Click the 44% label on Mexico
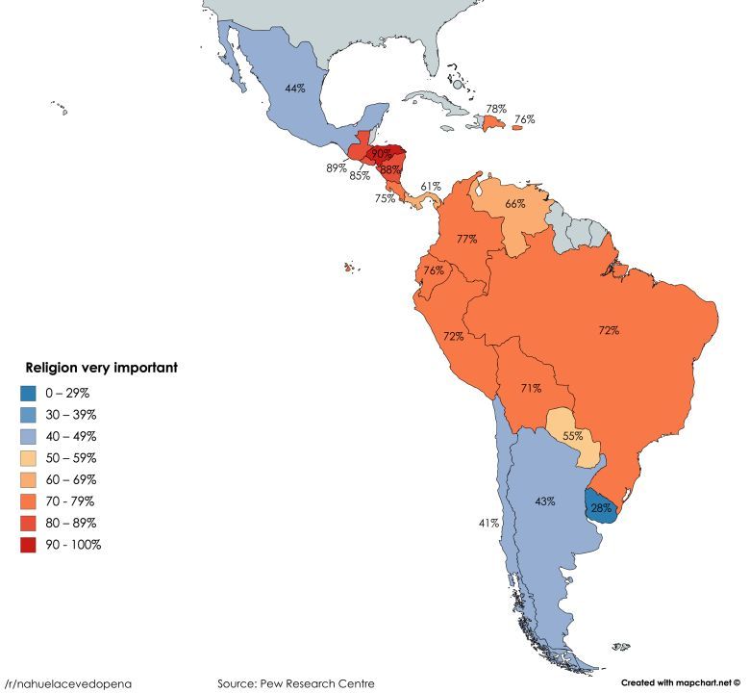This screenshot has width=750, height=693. [294, 88]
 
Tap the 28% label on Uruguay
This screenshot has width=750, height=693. [601, 507]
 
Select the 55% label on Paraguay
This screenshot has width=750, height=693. [572, 436]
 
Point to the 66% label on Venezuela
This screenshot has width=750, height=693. [514, 203]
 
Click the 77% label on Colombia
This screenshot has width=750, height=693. [467, 239]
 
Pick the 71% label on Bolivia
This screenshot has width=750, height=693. [530, 388]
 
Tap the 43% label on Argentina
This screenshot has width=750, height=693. [545, 501]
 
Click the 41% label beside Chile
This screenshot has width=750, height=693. [487, 523]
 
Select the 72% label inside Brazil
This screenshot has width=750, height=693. [608, 330]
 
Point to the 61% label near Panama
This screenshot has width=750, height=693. [430, 186]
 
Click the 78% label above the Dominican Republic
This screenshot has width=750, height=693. [496, 109]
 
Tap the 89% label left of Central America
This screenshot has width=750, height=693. [337, 167]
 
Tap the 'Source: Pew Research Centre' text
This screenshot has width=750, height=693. [295, 682]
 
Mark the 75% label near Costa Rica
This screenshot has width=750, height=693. [385, 198]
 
